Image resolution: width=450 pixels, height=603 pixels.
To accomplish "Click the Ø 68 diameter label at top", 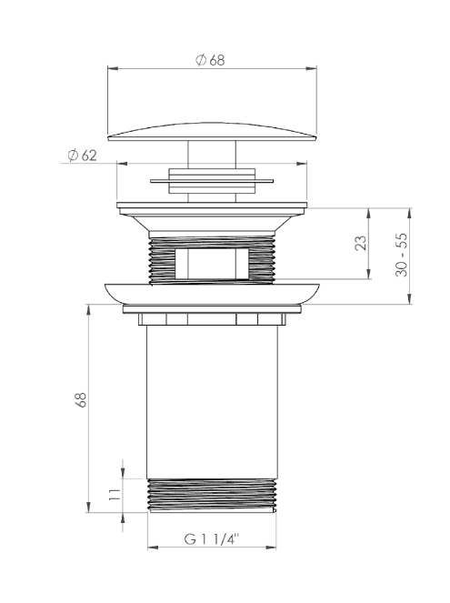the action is pos(210,60).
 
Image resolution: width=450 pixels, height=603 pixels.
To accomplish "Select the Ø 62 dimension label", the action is pos(82,156).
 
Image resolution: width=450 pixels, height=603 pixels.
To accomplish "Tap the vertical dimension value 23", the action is pos(361,243).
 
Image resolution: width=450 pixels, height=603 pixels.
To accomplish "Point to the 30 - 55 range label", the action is pos(402,255).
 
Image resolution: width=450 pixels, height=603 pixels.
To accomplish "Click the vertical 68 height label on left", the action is pos(81,400).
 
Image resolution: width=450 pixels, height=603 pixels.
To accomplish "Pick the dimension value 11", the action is pos(115,494).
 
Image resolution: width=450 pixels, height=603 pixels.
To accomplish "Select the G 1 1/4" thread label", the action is pos(212,538).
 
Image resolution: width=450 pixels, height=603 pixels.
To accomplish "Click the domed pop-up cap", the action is pos(212,132).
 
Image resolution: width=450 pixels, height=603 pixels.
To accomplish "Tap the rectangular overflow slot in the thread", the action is pos(212,264).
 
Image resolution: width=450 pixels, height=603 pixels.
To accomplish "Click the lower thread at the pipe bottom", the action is pos(212,496).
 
